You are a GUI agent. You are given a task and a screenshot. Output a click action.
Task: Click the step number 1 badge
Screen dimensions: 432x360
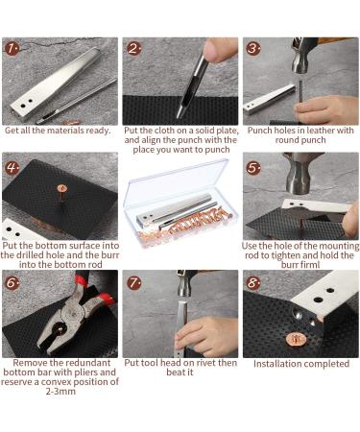[12, 47]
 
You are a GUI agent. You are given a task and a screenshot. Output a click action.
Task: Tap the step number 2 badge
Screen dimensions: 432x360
[132, 48]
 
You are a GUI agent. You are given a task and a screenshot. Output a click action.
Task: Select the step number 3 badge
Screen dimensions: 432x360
[252, 48]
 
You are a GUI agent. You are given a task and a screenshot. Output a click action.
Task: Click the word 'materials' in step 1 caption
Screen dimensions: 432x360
[70, 131]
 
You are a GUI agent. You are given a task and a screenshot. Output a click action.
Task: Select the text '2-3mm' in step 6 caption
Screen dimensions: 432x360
[60, 391]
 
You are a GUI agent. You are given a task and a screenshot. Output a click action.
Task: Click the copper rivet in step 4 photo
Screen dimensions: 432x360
[63, 187]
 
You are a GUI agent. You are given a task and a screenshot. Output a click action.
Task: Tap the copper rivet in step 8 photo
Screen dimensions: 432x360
[297, 337]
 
